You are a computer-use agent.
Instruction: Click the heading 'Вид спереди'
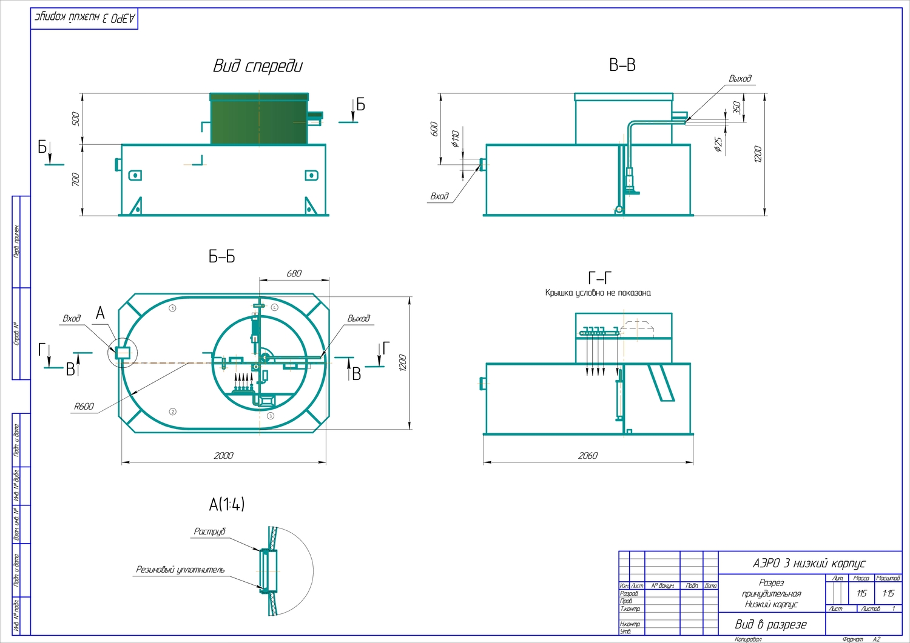pyautogui.click(x=257, y=66)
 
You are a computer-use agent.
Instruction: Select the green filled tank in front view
pyautogui.click(x=259, y=120)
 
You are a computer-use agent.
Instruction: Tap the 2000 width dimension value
pyautogui.click(x=223, y=455)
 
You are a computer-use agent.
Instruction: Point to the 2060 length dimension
pyautogui.click(x=587, y=455)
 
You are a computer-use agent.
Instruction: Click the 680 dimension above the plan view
pyautogui.click(x=294, y=273)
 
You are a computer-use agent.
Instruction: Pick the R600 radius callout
pyautogui.click(x=84, y=406)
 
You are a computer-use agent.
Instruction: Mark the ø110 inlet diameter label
pyautogui.click(x=456, y=138)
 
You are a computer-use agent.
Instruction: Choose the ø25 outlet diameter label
pyautogui.click(x=718, y=144)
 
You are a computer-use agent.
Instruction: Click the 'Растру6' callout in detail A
pyautogui.click(x=210, y=531)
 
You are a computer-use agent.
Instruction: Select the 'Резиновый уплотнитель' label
pyautogui.click(x=180, y=570)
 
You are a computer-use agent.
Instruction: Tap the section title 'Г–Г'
pyautogui.click(x=599, y=278)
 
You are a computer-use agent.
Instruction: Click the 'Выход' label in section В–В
pyautogui.click(x=740, y=79)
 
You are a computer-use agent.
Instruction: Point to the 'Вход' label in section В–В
pyautogui.click(x=439, y=196)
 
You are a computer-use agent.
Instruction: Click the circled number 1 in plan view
pyautogui.click(x=173, y=308)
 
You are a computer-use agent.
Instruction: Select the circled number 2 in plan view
pyautogui.click(x=173, y=411)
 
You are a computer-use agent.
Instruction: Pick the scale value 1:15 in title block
pyautogui.click(x=888, y=593)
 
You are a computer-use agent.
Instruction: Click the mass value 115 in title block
pyautogui.click(x=861, y=593)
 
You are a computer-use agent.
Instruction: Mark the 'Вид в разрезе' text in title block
pyautogui.click(x=770, y=624)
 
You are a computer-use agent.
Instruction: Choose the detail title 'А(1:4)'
pyautogui.click(x=227, y=504)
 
